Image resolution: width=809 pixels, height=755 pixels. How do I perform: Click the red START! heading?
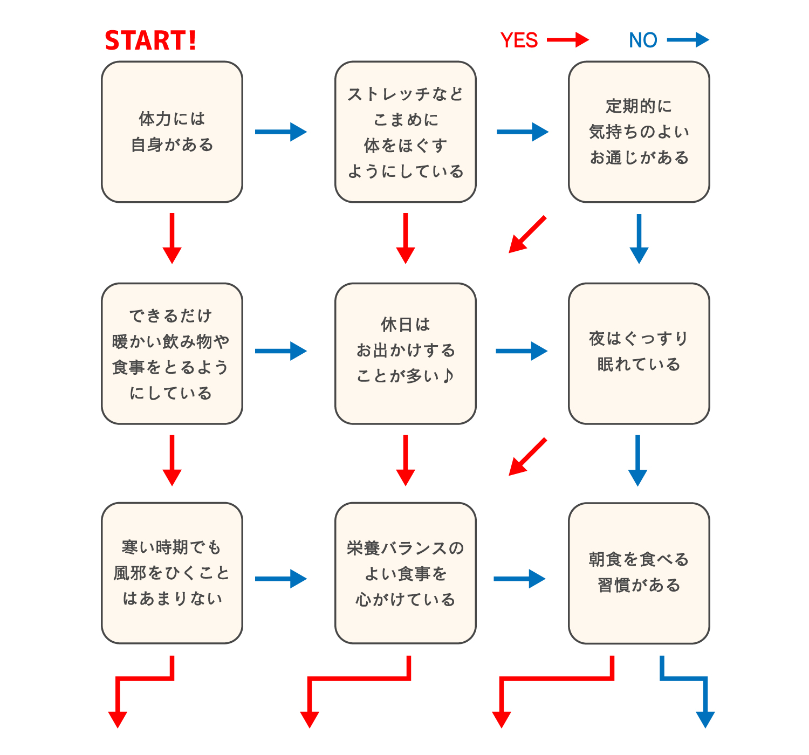pyautogui.click(x=150, y=41)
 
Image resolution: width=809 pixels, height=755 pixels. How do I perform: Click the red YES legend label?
pyautogui.click(x=519, y=40)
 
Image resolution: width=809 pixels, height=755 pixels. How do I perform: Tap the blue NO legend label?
pyautogui.click(x=643, y=40)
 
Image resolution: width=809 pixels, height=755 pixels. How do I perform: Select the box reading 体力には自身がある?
pyautogui.click(x=172, y=132)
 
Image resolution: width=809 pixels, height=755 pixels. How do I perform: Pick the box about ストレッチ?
pyautogui.click(x=405, y=132)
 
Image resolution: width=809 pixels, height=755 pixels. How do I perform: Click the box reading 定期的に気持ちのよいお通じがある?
pyautogui.click(x=639, y=132)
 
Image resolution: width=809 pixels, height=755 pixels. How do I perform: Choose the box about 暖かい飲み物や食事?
pyautogui.click(x=172, y=354)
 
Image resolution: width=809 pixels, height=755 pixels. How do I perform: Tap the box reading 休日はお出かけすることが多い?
pyautogui.click(x=405, y=354)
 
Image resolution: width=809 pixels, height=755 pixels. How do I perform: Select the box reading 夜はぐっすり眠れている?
pyautogui.click(x=639, y=354)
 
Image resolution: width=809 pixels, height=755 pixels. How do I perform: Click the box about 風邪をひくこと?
pyautogui.click(x=172, y=573)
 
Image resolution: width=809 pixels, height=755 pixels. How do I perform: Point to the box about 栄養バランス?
pyautogui.click(x=405, y=573)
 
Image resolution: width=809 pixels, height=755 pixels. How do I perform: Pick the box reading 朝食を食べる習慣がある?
pyautogui.click(x=639, y=573)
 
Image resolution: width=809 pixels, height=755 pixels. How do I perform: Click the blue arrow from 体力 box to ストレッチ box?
pyautogui.click(x=280, y=132)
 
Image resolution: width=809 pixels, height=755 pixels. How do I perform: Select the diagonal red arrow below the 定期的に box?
pyautogui.click(x=527, y=235)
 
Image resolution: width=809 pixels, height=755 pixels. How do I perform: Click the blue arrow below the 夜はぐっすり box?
pyautogui.click(x=637, y=460)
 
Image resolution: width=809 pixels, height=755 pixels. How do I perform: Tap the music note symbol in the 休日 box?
pyautogui.click(x=448, y=376)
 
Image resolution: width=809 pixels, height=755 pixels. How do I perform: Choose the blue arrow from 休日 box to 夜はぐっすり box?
pyautogui.click(x=521, y=351)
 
